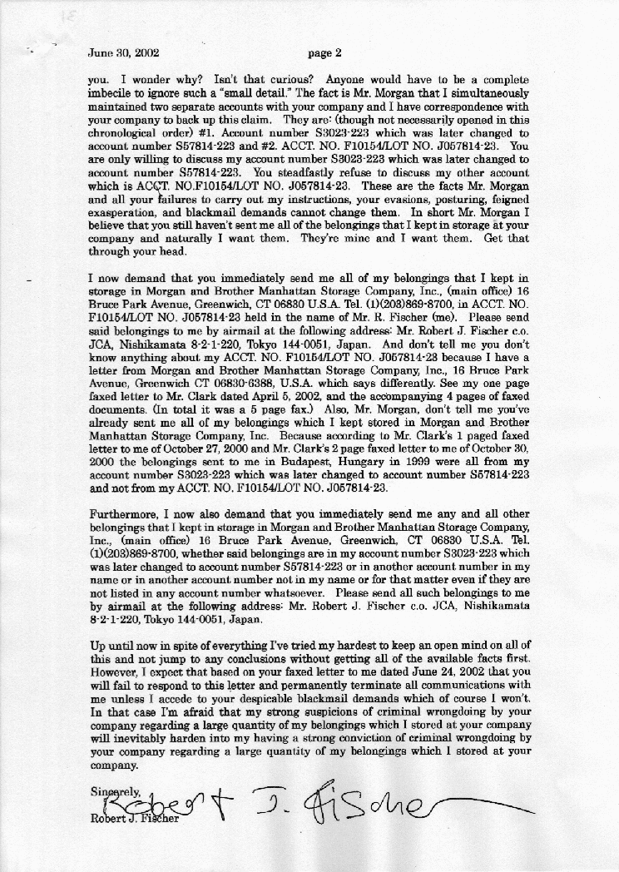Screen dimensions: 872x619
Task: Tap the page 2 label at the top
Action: point(324,53)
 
